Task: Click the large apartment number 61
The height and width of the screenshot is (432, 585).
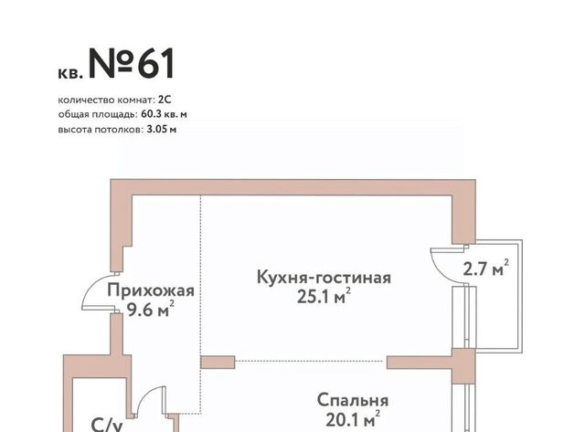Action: pos(156,63)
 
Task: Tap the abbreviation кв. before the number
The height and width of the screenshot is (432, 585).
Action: pos(70,73)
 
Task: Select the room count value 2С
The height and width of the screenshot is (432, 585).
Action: pos(165,100)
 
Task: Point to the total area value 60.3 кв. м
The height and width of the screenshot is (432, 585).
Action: pos(164,114)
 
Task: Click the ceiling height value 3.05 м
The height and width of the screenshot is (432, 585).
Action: pos(161,130)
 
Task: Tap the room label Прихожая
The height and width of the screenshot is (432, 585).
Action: pos(151,291)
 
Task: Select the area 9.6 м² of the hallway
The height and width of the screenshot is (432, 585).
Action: pos(151,309)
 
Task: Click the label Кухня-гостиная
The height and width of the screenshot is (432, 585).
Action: pos(324,278)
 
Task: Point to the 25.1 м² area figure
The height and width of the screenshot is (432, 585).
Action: pos(324,296)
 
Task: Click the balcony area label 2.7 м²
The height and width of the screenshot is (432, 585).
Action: pos(485,268)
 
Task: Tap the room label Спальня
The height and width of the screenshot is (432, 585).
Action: pos(353,401)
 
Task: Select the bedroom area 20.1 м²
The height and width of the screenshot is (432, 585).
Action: pos(353,419)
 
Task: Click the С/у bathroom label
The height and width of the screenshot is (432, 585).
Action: pos(107,425)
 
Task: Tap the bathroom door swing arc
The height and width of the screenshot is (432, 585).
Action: pos(143,395)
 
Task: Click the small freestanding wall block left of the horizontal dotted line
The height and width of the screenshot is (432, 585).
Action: pos(218,363)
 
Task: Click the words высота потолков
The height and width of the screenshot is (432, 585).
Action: pos(100,130)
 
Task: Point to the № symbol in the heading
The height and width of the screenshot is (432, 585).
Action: pos(111,63)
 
